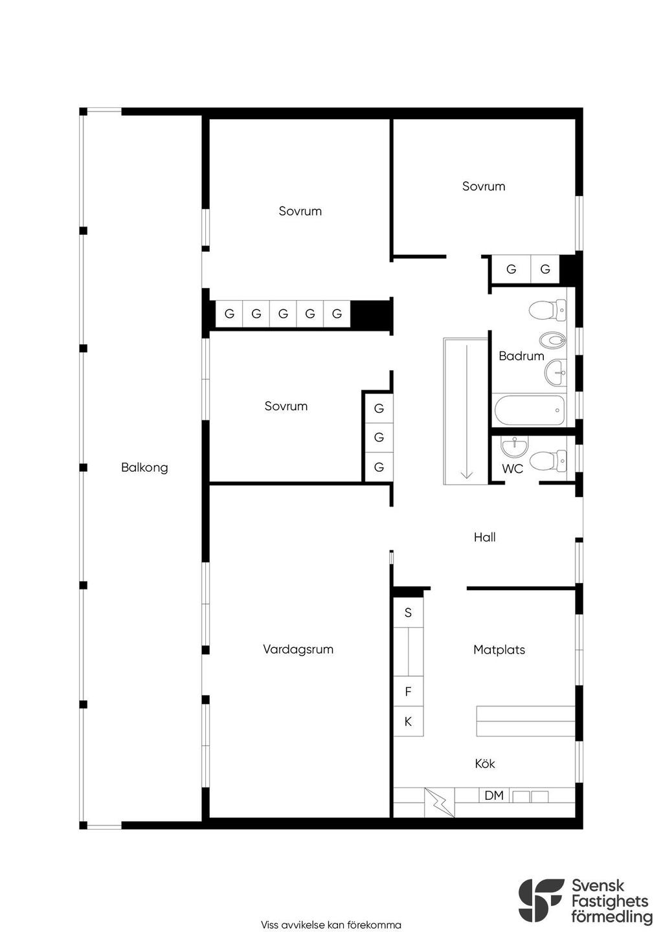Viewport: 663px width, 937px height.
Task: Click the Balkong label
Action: [x=144, y=468]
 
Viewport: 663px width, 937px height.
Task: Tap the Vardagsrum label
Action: [x=298, y=649]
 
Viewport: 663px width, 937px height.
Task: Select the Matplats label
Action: [x=499, y=650]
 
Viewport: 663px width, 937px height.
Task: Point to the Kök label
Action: [x=485, y=764]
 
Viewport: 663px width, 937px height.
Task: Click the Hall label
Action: [x=485, y=537]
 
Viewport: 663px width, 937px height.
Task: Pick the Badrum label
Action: [x=521, y=356]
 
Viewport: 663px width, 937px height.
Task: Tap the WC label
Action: [x=512, y=469]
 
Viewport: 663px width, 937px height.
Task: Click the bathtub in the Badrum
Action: [x=530, y=410]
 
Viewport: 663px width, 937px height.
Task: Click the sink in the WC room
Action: [x=515, y=446]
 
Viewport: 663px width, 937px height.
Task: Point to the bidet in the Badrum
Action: [x=552, y=339]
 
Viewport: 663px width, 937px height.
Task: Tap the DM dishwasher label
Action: [x=494, y=795]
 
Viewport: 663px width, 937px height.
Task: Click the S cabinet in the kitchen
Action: [x=408, y=613]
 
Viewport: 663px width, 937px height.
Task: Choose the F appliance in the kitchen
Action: [x=408, y=692]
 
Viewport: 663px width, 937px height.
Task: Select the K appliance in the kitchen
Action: [x=408, y=721]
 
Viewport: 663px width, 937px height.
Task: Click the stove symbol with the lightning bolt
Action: [x=440, y=802]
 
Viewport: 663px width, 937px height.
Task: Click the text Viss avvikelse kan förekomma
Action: [x=331, y=925]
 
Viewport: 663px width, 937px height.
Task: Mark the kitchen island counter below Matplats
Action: [x=526, y=721]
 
